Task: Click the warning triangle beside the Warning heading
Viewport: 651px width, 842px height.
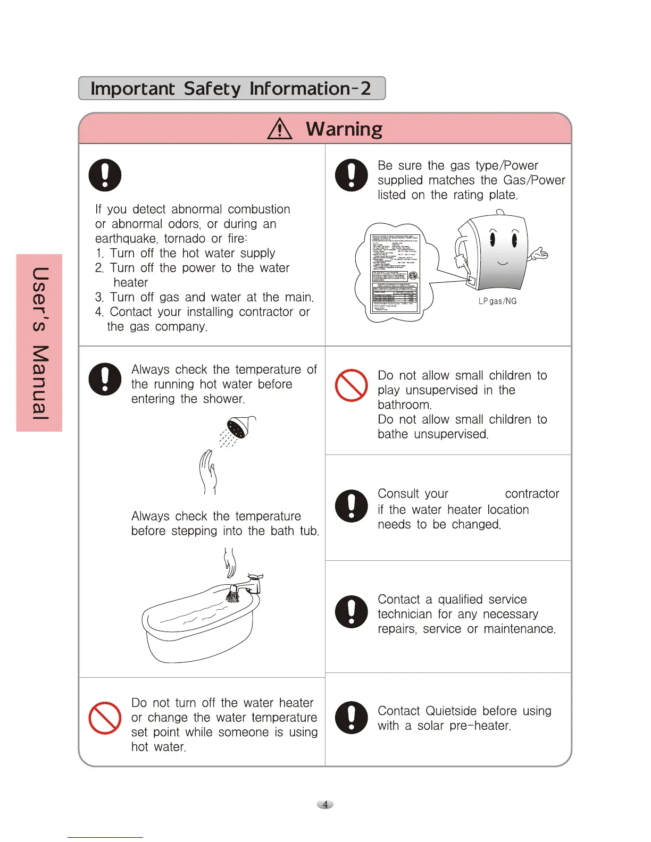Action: (x=280, y=129)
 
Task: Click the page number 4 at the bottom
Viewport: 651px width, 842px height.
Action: (x=325, y=804)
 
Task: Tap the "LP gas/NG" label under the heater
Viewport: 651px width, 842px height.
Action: (x=497, y=301)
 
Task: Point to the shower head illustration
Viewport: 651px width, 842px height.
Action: (x=238, y=427)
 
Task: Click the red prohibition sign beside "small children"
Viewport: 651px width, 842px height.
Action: (x=351, y=385)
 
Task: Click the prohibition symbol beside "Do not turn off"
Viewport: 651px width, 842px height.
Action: (x=105, y=718)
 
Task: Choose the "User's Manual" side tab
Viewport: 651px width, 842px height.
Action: (x=39, y=343)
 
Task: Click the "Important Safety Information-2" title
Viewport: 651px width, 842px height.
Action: (x=231, y=88)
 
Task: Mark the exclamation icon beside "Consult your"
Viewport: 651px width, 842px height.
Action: (x=351, y=506)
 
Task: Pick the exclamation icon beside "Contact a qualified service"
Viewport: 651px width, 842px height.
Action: (x=351, y=611)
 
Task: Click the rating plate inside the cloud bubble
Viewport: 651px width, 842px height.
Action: (x=395, y=273)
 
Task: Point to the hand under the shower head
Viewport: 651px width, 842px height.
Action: (x=208, y=471)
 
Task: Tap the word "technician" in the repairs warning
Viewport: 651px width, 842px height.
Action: (x=404, y=614)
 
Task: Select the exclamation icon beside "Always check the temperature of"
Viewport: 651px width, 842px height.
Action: (x=105, y=379)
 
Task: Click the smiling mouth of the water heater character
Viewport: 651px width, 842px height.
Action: (x=503, y=263)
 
